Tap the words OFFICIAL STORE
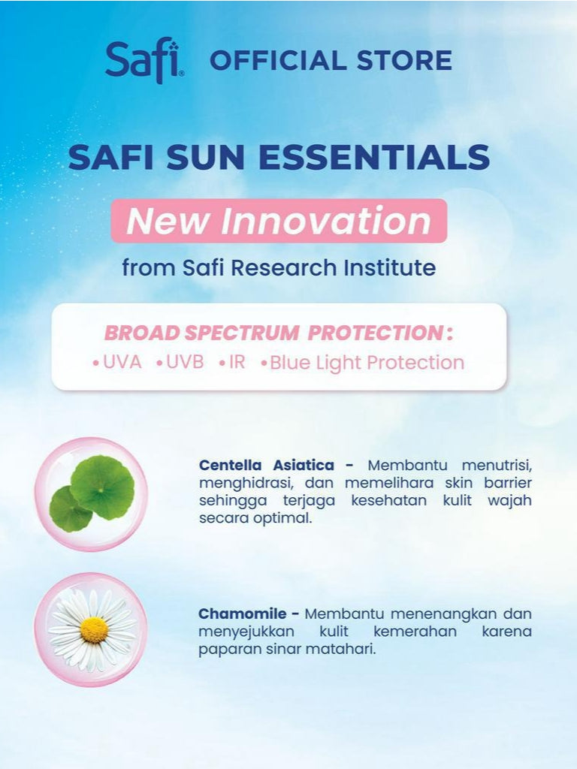point(331,60)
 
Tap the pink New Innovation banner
point(279,221)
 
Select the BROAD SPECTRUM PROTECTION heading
point(278,333)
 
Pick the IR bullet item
point(236,362)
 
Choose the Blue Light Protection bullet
point(366,363)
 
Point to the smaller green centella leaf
point(70,509)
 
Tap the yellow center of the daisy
point(94,629)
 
